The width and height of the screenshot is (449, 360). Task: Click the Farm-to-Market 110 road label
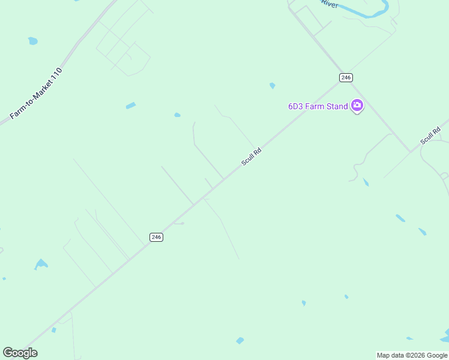pos(36,94)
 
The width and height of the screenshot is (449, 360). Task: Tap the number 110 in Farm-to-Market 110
pos(56,74)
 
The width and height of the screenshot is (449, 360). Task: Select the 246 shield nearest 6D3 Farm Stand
pos(345,77)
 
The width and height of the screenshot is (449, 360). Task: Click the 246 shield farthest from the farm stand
pos(156,237)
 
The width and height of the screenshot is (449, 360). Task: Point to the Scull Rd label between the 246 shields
pos(252,158)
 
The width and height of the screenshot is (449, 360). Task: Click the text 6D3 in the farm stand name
pos(295,106)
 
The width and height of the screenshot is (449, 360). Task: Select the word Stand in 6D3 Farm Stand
pos(337,106)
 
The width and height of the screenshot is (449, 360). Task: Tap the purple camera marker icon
pos(357,106)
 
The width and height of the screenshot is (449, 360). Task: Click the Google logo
pos(20,353)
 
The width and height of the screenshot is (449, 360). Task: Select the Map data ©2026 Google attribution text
pos(412,355)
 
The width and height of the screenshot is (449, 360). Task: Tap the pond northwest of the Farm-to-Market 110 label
pos(32,41)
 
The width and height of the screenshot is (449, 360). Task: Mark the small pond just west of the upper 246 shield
pos(273,86)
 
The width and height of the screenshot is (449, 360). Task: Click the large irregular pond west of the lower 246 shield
pos(41,263)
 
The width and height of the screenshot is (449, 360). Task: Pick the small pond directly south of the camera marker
pos(366,182)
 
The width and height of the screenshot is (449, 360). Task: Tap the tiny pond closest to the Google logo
pos(53,330)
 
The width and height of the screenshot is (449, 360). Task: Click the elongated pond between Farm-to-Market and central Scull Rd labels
pos(131,106)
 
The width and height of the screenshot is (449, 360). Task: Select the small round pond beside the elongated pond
pos(177,115)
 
